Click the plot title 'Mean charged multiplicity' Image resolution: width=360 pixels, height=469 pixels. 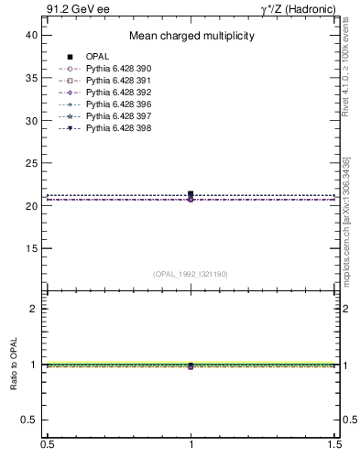[191, 37]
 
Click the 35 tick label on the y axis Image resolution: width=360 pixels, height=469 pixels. [31, 78]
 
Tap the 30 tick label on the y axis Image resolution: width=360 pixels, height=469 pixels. [31, 121]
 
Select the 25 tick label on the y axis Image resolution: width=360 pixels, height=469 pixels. [31, 163]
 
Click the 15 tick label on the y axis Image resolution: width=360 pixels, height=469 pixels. [31, 248]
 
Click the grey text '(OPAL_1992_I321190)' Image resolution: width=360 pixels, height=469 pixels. [191, 274]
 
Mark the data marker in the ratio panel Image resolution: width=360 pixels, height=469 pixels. [191, 365]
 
